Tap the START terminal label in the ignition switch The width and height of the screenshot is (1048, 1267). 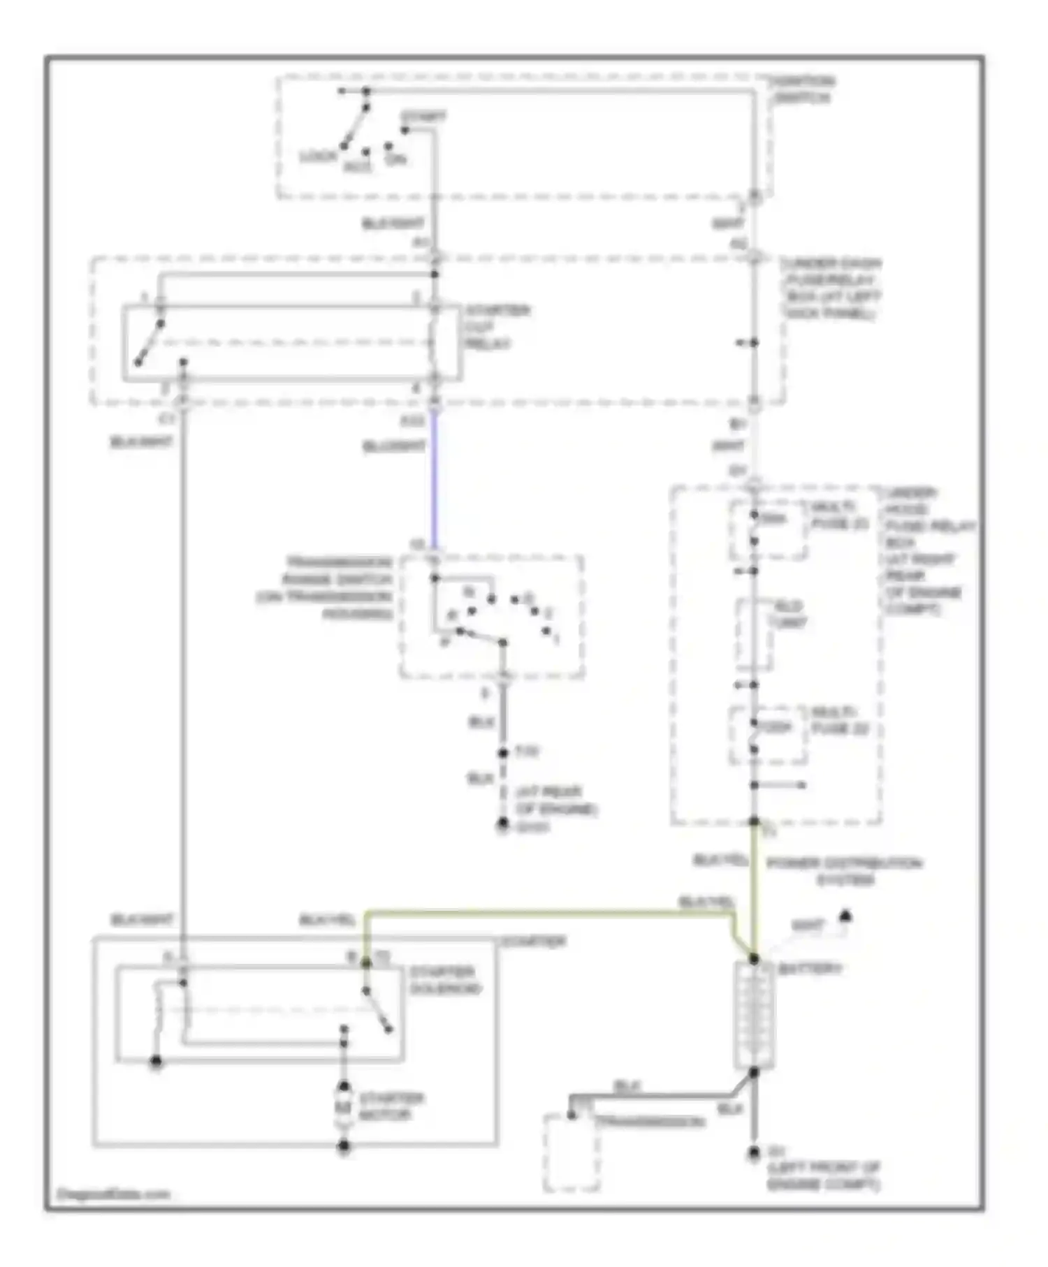point(424,117)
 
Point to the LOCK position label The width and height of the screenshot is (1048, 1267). point(318,156)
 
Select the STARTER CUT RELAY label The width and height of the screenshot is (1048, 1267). point(497,327)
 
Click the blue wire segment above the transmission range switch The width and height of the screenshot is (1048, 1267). point(434,482)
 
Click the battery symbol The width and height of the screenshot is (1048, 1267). point(754,1015)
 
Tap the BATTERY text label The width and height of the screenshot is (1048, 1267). point(810,969)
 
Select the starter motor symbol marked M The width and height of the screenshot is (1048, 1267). point(344,1106)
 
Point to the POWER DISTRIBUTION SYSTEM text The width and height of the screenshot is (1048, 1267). point(844,871)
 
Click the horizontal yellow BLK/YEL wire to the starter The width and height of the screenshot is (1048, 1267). point(545,914)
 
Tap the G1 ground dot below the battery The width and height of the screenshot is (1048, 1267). point(754,1152)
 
